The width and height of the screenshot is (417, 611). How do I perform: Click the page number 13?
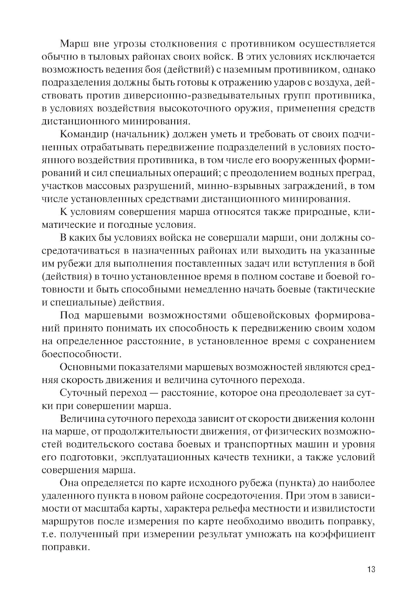(x=371, y=569)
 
